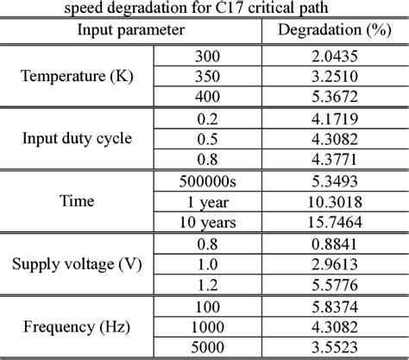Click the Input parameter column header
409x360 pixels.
click(x=130, y=31)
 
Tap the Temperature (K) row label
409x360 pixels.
click(x=75, y=76)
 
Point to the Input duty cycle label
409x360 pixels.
click(x=75, y=136)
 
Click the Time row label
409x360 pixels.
click(x=75, y=201)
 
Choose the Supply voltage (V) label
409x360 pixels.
click(x=75, y=263)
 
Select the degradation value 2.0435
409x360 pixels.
click(x=332, y=56)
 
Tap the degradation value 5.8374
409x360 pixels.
click(x=332, y=306)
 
